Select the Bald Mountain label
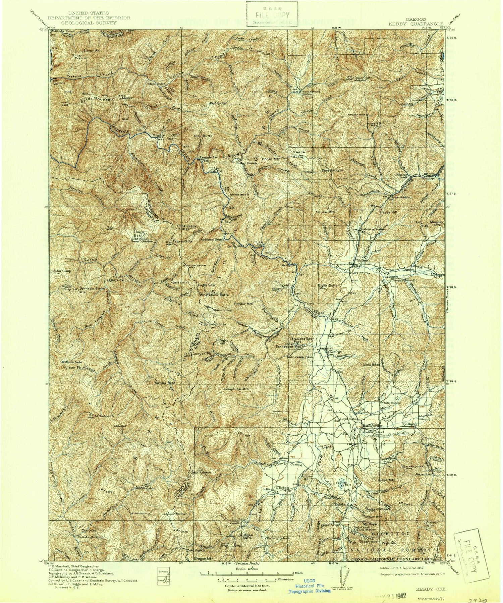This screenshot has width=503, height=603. pyautogui.click(x=97, y=100)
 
